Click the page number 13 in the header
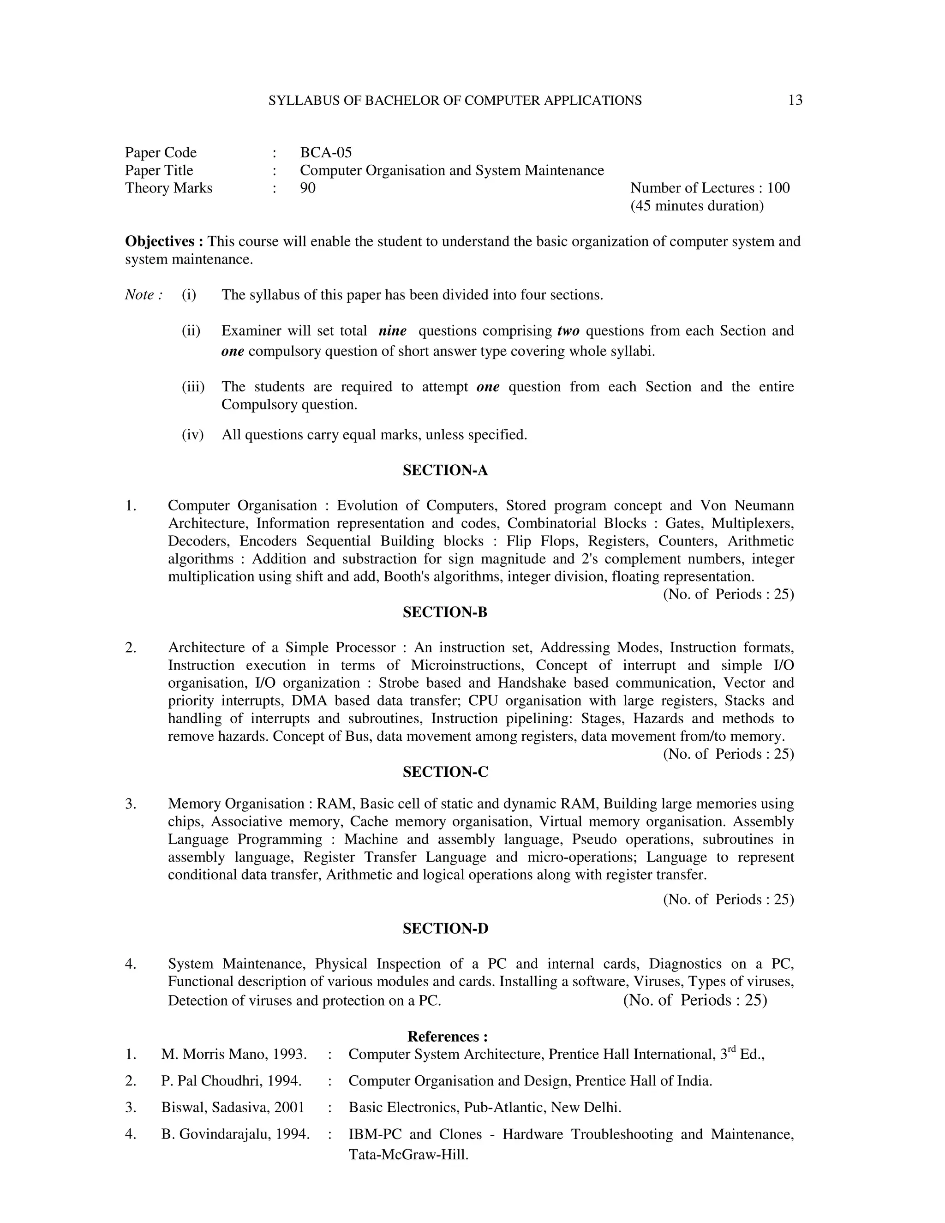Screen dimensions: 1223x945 click(795, 100)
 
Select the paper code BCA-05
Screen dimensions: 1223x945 click(326, 152)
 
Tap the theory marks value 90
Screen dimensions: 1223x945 click(307, 188)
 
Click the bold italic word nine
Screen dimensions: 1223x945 click(393, 331)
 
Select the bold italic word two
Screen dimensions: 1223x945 click(568, 331)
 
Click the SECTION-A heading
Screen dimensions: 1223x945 click(445, 470)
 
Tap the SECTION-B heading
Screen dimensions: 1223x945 click(445, 612)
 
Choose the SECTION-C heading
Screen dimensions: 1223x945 click(445, 772)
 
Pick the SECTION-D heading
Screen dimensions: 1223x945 click(445, 929)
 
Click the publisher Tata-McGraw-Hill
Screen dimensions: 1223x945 click(408, 1155)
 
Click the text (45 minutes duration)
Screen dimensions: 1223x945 click(697, 206)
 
